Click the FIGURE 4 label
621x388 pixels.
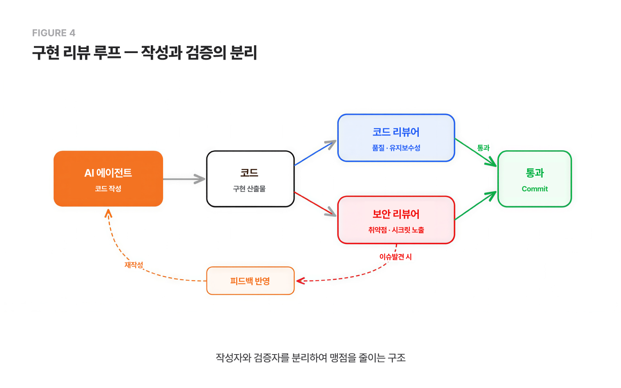click(x=54, y=33)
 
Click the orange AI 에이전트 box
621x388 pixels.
click(x=108, y=179)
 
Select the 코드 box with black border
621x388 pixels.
click(x=250, y=179)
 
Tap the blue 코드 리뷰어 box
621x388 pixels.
click(x=396, y=138)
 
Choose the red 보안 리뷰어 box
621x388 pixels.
click(x=396, y=220)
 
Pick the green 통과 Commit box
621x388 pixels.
click(x=534, y=179)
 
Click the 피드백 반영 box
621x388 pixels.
click(x=250, y=281)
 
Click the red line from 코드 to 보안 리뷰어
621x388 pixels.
click(x=313, y=203)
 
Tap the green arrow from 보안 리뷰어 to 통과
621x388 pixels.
click(x=475, y=206)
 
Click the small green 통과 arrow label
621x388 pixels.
click(x=483, y=148)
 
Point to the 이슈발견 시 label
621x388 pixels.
click(x=395, y=257)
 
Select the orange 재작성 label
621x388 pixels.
click(x=134, y=265)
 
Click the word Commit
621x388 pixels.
click(x=534, y=189)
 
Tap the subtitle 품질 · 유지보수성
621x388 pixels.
click(x=396, y=148)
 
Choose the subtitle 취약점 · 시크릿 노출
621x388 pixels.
click(x=396, y=230)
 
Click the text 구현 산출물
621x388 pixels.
click(x=249, y=189)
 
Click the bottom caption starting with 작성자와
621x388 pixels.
click(x=310, y=358)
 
